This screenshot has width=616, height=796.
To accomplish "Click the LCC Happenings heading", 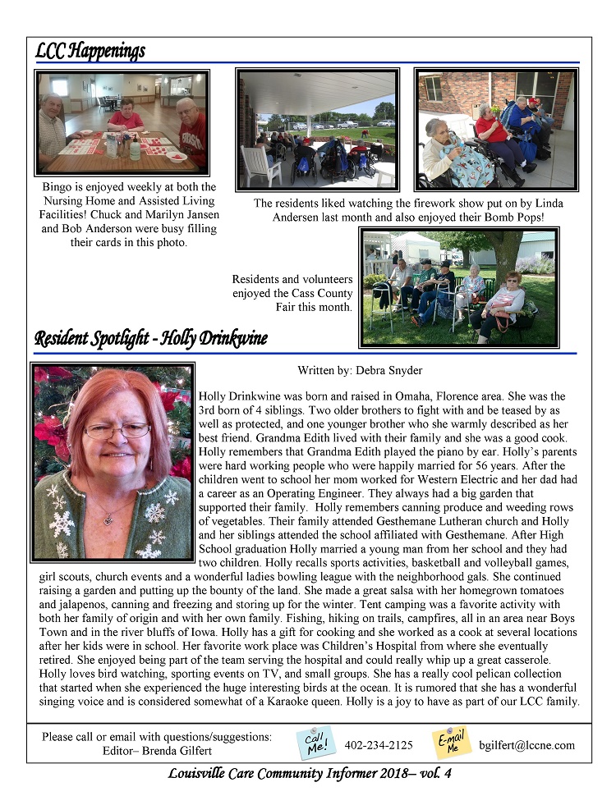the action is click(x=90, y=51).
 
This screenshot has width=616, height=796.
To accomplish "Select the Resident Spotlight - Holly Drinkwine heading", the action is click(x=151, y=339).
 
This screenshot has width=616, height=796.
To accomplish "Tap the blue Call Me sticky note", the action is click(x=316, y=743).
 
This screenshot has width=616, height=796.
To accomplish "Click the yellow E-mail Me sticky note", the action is click(x=452, y=743).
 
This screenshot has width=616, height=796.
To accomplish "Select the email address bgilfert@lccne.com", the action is click(x=526, y=746).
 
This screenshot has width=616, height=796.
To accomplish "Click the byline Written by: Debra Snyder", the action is click(x=360, y=371).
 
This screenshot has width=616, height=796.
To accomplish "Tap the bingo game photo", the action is click(x=122, y=121).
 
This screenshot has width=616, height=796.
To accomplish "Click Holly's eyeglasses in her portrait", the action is click(x=117, y=430).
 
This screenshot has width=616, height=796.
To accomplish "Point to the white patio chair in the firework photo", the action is click(x=260, y=165).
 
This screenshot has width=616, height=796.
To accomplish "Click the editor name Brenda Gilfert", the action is click(x=179, y=751).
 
